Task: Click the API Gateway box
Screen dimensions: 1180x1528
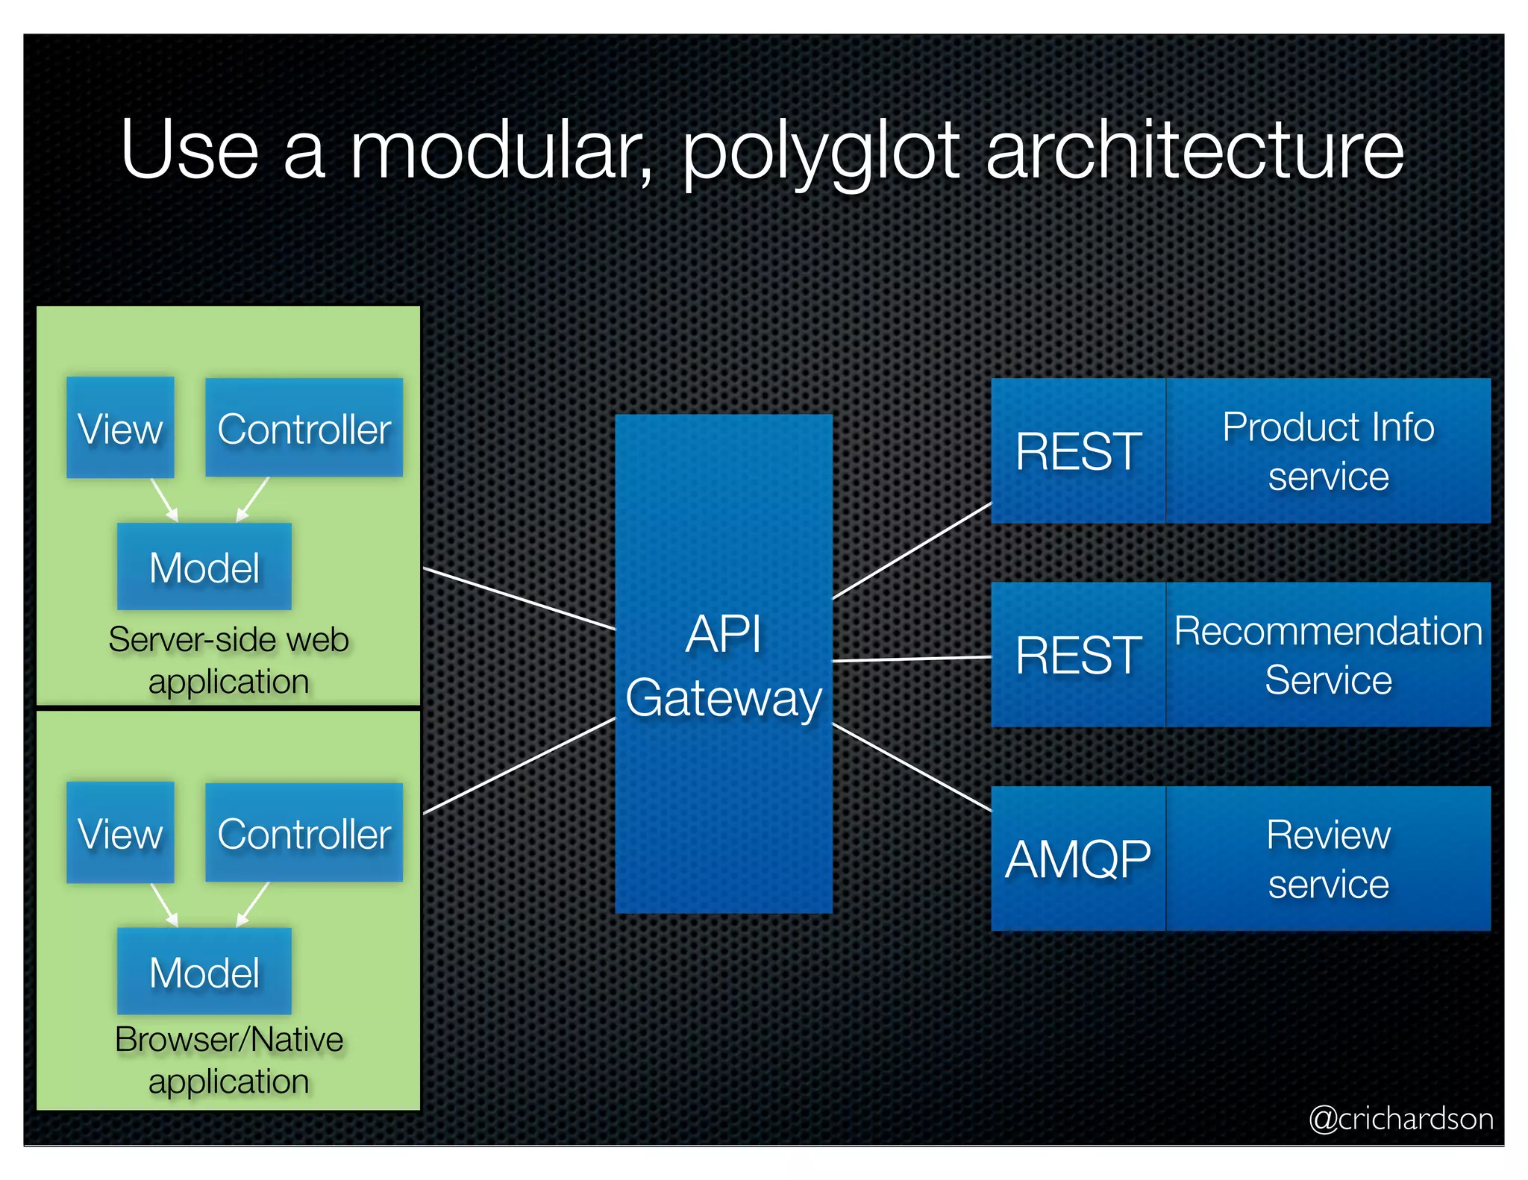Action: pyautogui.click(x=723, y=664)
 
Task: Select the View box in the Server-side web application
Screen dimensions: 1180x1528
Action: pyautogui.click(x=120, y=427)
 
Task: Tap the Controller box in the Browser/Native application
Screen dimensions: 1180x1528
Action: pyautogui.click(x=304, y=832)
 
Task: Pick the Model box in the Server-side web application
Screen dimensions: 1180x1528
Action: pyautogui.click(x=204, y=567)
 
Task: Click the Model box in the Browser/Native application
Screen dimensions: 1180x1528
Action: pyautogui.click(x=204, y=971)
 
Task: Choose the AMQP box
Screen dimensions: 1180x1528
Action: pyautogui.click(x=1078, y=859)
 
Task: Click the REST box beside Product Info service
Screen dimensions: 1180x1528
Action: pyautogui.click(x=1078, y=451)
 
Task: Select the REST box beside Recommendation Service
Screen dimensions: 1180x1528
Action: pyautogui.click(x=1078, y=655)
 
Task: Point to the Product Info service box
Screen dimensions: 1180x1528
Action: pyautogui.click(x=1328, y=451)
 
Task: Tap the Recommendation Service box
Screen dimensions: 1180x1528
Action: pyautogui.click(x=1328, y=655)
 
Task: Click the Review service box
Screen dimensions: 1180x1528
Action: pyautogui.click(x=1328, y=859)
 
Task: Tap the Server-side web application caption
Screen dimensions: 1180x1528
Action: pyautogui.click(x=228, y=660)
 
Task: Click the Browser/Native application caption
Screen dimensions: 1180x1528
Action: pyautogui.click(x=228, y=1060)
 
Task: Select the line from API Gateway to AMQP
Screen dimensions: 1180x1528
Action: pyautogui.click(x=912, y=767)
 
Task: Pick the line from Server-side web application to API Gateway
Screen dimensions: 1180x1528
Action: pyautogui.click(x=519, y=599)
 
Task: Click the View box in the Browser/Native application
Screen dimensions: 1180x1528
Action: pyautogui.click(x=120, y=832)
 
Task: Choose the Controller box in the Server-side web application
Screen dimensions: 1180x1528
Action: pyautogui.click(x=304, y=427)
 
